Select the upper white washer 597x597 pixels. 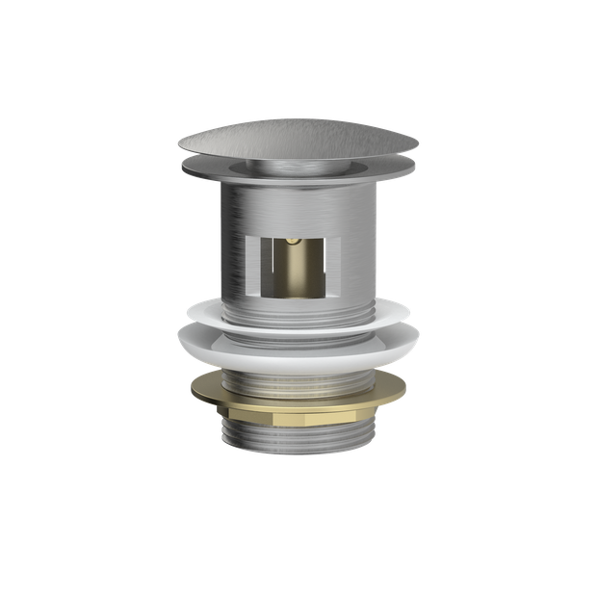pyautogui.click(x=298, y=313)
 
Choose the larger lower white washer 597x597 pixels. pyautogui.click(x=298, y=343)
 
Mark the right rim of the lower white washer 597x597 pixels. pyautogui.click(x=419, y=338)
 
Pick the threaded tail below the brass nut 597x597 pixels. pyautogui.click(x=298, y=443)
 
